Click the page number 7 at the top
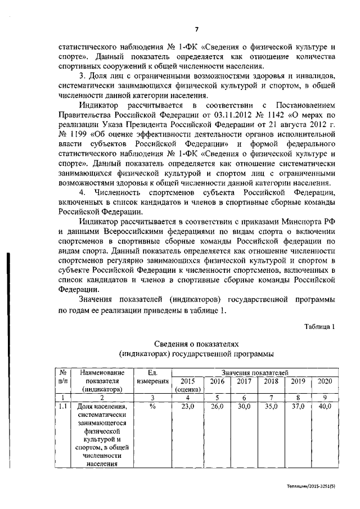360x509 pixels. point(197,30)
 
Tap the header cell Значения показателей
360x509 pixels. point(255,372)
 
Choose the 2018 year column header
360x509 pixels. point(271,381)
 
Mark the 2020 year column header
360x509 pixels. point(325,381)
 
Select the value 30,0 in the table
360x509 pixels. point(244,406)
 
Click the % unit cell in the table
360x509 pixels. point(152,406)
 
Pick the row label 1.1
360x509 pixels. point(64,406)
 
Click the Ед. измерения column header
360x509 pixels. point(152,377)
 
